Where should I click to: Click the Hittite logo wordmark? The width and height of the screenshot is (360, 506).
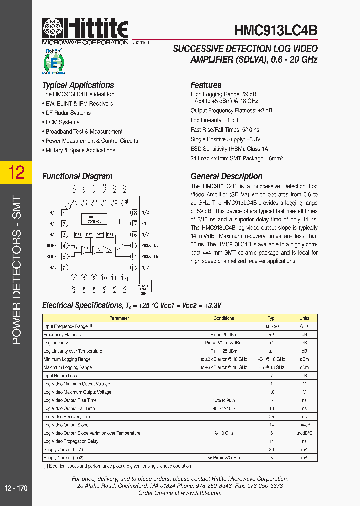(x=85, y=28)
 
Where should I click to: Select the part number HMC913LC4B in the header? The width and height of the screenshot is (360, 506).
(x=276, y=31)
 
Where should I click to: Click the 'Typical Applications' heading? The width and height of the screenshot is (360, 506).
(x=78, y=85)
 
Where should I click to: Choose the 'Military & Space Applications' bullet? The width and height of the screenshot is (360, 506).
(x=80, y=150)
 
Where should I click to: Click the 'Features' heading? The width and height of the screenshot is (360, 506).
(x=206, y=85)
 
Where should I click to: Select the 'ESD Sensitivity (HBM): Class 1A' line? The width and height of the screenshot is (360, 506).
(x=229, y=149)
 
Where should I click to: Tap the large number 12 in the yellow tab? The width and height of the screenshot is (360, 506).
(x=16, y=173)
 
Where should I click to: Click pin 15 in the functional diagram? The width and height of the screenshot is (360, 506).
(x=134, y=245)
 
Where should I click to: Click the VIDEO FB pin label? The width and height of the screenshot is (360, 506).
(x=150, y=256)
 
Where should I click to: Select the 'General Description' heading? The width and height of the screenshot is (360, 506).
(x=226, y=176)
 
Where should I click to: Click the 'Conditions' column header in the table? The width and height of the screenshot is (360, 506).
(x=224, y=318)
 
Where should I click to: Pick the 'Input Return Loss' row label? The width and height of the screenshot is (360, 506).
(x=60, y=376)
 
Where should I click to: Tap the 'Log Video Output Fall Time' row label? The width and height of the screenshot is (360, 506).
(x=69, y=408)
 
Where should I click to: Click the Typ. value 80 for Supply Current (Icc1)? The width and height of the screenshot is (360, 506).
(x=271, y=449)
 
